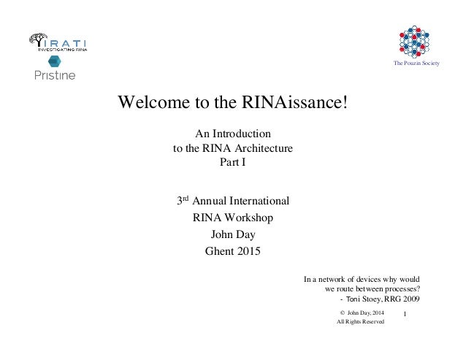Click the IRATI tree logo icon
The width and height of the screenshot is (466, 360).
(x=39, y=42)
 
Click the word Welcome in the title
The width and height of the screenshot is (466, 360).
(x=150, y=102)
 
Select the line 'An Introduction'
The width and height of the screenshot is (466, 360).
(x=232, y=134)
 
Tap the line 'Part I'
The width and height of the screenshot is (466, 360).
(x=232, y=162)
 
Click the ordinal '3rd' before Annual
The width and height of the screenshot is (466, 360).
(x=183, y=199)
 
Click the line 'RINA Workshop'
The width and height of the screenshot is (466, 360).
(x=232, y=218)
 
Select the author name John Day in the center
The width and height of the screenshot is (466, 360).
(x=232, y=235)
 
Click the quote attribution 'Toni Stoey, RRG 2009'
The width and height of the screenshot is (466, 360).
(x=383, y=299)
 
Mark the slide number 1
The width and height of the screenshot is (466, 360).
(x=405, y=315)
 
